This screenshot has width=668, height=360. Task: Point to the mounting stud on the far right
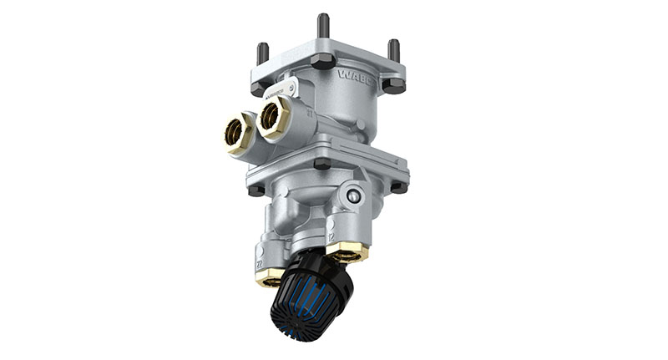[393, 51]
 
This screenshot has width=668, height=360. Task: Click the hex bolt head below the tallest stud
[322, 61]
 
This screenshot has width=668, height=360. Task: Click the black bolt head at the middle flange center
[321, 164]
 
